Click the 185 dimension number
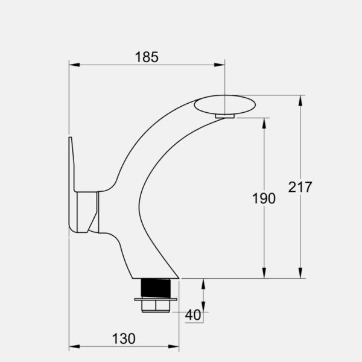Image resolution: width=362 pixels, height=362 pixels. pos(147,57)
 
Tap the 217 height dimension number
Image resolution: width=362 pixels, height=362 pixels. pos(300,187)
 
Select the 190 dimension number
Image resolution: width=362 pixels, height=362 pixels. pos(264,198)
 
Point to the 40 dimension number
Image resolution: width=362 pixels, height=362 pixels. pos(193,315)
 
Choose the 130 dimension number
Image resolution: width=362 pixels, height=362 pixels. pos(124,338)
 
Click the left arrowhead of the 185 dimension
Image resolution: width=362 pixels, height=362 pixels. pos(74,65)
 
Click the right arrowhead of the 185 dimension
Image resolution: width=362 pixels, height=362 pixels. pos(220,65)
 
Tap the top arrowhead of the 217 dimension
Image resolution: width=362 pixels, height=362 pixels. pos(300,101)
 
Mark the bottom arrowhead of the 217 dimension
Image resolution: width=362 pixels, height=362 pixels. pos(300,273)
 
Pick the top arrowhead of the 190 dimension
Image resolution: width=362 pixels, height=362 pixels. pos(264,123)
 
